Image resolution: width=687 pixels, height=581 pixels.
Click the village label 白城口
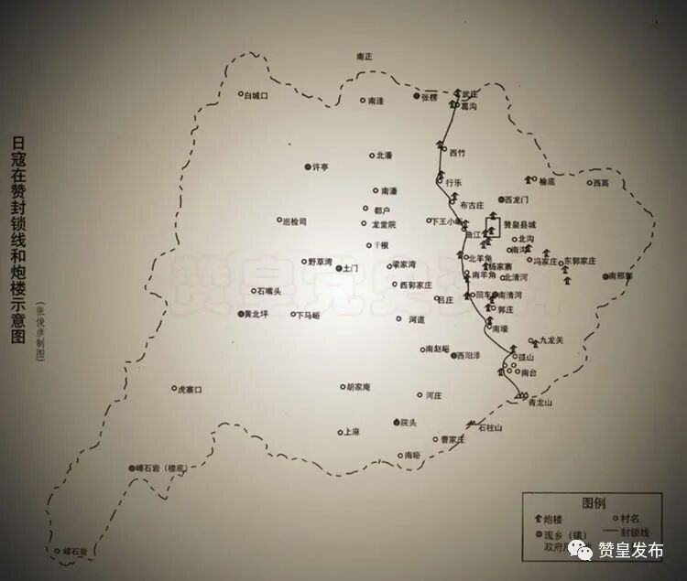(256, 95)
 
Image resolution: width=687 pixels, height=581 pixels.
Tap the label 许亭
(321, 167)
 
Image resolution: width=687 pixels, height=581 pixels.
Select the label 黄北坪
(253, 315)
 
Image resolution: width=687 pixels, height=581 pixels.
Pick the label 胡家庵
(355, 387)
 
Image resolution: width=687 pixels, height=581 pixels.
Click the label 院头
(408, 422)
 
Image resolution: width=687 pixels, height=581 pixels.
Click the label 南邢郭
(620, 275)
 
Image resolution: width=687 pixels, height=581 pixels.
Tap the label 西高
(600, 183)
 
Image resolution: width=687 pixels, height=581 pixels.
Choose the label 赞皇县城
(519, 224)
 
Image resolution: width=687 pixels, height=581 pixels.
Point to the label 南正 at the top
(365, 57)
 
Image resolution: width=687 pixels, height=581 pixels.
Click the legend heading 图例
(594, 504)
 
